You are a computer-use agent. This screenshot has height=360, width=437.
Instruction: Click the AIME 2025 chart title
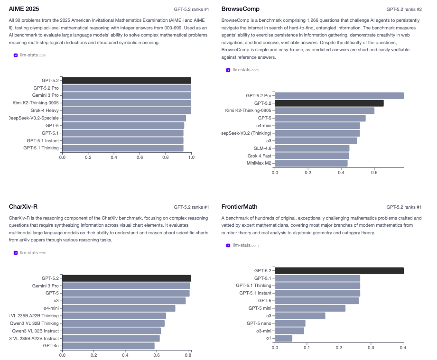[x=24, y=9]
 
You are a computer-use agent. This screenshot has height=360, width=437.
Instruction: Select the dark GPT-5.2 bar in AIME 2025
[x=126, y=81]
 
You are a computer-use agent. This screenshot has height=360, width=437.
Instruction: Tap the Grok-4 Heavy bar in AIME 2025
[x=126, y=111]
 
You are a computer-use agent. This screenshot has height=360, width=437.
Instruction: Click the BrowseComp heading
[x=241, y=9]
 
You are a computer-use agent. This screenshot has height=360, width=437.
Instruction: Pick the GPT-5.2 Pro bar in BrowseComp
[x=339, y=96]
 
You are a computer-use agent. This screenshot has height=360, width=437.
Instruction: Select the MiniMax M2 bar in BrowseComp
[x=311, y=163]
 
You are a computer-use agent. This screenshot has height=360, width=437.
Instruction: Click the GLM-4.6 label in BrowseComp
[x=262, y=148]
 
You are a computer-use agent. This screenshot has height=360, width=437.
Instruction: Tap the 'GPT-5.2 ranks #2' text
[x=403, y=9]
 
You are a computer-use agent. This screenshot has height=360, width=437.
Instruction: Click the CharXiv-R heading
[x=23, y=207]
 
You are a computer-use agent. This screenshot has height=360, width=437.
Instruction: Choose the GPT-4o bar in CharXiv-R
[x=108, y=346]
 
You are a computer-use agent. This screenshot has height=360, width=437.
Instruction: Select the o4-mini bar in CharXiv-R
[x=119, y=308]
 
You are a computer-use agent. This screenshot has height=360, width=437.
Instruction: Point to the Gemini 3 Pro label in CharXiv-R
[x=46, y=286]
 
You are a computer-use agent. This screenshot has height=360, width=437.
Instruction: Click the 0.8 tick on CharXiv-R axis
[x=188, y=354]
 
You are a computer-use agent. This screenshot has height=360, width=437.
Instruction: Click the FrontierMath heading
[x=240, y=207]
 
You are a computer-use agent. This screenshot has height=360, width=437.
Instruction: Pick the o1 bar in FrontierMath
[x=283, y=338]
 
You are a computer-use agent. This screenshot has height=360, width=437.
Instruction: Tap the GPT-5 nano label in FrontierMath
[x=259, y=323]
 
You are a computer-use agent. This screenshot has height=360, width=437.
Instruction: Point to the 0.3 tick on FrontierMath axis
[x=371, y=347]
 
